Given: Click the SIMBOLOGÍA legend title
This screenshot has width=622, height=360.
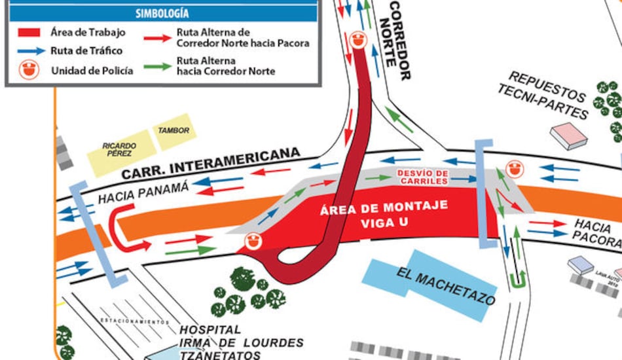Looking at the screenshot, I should click(162, 13).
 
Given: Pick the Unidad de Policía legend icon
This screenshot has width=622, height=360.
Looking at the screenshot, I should click(28, 69).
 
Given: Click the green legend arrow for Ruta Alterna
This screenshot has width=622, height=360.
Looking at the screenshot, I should click(158, 66).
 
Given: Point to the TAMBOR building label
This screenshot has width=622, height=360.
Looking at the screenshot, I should click(174, 131).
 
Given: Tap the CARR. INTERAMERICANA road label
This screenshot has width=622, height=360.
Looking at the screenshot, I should click(211, 164).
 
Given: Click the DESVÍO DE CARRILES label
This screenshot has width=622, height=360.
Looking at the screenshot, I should click(422, 177).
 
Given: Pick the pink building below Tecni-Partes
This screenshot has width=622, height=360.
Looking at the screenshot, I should click(568, 135).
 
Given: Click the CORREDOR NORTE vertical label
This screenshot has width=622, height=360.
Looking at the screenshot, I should click(400, 39).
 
